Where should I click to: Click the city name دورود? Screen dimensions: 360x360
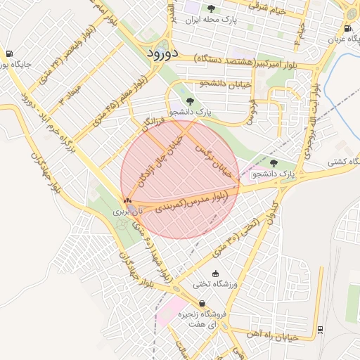click(163, 53)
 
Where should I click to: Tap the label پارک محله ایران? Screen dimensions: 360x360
click(211, 20)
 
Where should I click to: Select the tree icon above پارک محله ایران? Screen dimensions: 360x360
click(212, 8)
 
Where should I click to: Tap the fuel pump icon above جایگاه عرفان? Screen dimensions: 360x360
click(348, 28)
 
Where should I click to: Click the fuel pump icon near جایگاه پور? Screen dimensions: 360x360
click(8, 54)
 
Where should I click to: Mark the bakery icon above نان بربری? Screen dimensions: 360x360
click(127, 201)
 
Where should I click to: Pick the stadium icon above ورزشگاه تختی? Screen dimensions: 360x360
click(215, 274)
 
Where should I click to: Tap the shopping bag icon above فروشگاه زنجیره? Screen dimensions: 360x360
click(203, 304)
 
